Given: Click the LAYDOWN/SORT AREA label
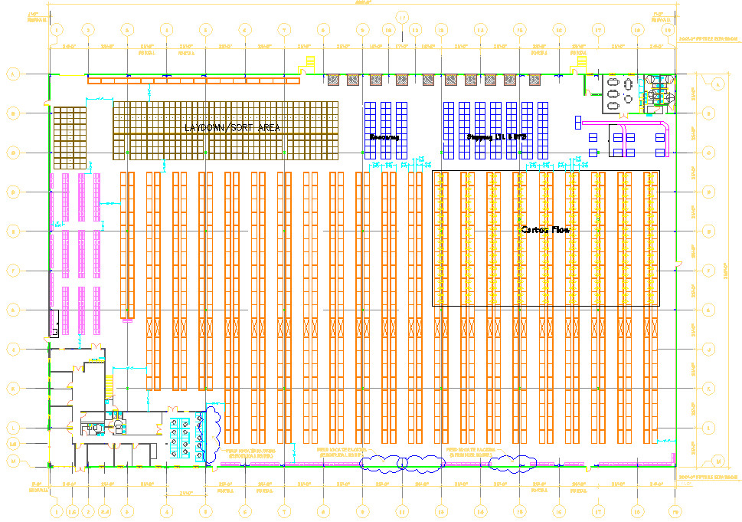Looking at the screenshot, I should (232, 127).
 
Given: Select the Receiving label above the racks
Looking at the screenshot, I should (384, 137).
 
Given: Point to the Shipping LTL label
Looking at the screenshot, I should (497, 137).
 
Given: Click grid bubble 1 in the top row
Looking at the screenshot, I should (56, 30).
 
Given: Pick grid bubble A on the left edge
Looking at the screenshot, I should (12, 74).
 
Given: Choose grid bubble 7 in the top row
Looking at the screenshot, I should (284, 30).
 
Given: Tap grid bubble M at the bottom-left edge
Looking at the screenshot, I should (12, 461).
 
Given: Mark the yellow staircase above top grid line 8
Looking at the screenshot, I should (309, 61).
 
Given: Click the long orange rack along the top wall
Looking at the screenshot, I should (192, 80).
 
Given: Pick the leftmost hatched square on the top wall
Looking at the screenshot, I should (333, 80).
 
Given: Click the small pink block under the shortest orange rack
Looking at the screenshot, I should (127, 320).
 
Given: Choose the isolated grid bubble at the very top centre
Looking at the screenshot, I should (401, 16).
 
